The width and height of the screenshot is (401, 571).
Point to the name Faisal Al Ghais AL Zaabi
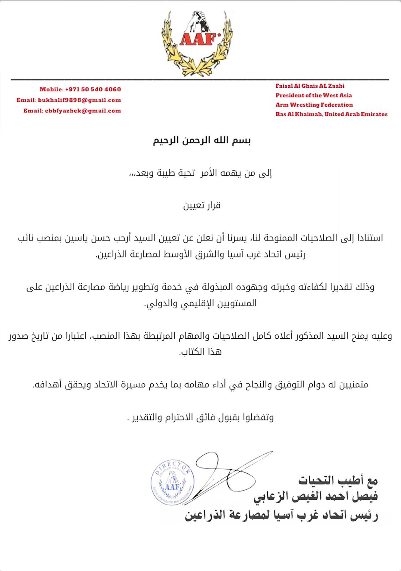coord(310,86)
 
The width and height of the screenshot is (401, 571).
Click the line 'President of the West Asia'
coord(313,95)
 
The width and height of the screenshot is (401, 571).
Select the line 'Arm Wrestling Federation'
coord(314,105)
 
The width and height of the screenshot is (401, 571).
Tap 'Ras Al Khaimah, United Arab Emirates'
coord(331,114)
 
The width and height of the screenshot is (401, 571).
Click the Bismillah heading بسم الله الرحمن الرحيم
coord(202,140)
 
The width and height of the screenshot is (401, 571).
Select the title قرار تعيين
coord(202,206)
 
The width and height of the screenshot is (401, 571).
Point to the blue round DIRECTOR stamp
coord(173,482)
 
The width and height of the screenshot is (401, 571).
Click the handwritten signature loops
coord(228,471)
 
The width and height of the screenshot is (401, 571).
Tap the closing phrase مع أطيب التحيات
coord(338,480)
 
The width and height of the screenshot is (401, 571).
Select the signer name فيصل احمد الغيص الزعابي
coord(315,496)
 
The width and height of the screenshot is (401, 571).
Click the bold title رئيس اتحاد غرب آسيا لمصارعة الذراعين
coord(281,515)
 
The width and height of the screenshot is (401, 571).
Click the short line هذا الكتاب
coord(200,352)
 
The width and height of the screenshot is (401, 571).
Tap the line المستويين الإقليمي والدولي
coord(200,303)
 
